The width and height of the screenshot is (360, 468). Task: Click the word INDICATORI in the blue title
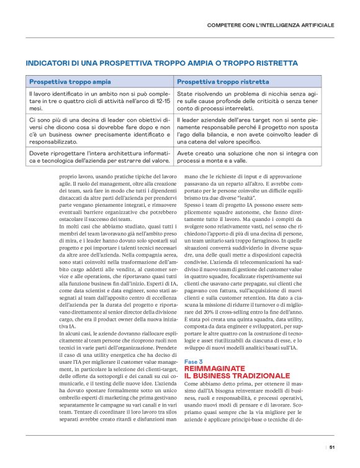click(x=47, y=63)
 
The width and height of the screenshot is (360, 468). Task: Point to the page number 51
click(x=333, y=446)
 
